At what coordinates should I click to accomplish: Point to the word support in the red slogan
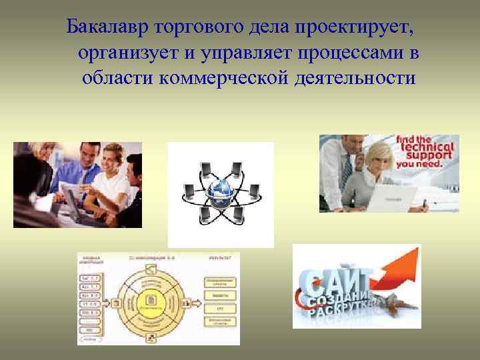point(425,157)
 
